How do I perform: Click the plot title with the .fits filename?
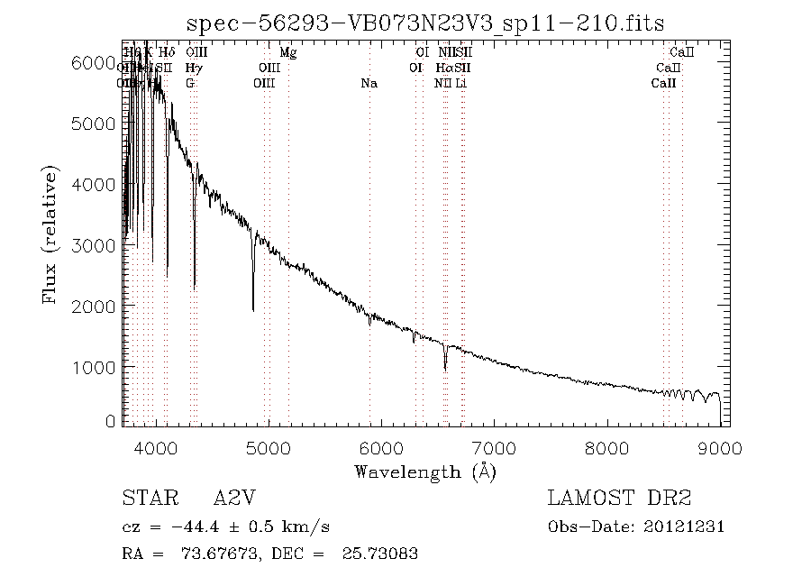(424, 23)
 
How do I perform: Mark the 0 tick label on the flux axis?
(110, 421)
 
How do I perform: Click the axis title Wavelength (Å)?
(424, 472)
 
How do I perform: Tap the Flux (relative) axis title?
(52, 232)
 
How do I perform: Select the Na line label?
(369, 84)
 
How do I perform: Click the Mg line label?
(288, 53)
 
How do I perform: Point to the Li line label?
(460, 84)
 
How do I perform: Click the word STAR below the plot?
(145, 499)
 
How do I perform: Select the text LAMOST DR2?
(620, 499)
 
